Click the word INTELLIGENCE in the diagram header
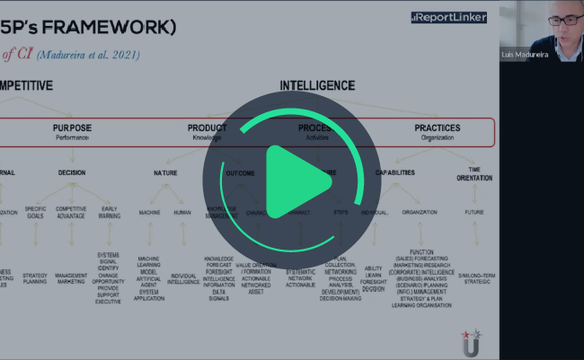click(317, 86)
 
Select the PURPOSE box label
click(72, 128)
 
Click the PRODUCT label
click(207, 128)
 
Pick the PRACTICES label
click(438, 128)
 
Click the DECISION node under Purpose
click(72, 171)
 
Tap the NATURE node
click(165, 171)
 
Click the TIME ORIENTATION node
click(474, 172)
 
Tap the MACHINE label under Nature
click(149, 213)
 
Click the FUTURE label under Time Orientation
click(474, 213)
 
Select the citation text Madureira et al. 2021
click(87, 54)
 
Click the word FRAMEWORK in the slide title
click(117, 26)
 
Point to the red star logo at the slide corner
click(468, 338)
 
